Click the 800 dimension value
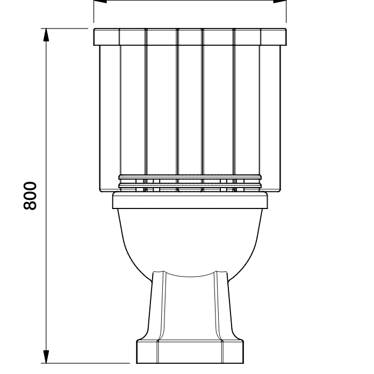[x=30, y=196]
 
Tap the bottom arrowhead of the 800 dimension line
[x=46, y=357]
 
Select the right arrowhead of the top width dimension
[x=279, y=1]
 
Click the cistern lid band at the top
[x=190, y=37]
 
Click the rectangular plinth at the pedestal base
[x=190, y=351]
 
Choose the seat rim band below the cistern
[x=190, y=200]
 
